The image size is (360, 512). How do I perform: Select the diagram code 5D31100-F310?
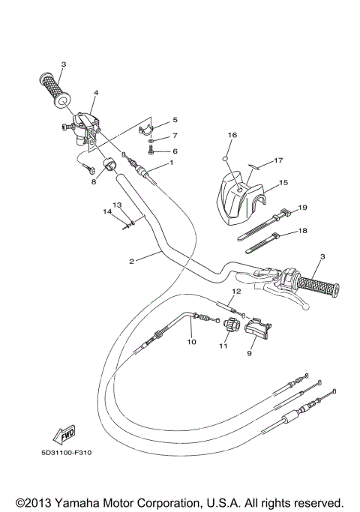click(x=72, y=452)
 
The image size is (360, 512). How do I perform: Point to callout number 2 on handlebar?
click(x=131, y=261)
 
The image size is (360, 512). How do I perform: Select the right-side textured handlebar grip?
click(x=314, y=285)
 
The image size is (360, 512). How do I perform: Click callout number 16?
click(x=232, y=136)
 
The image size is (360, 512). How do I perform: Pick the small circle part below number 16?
click(x=226, y=159)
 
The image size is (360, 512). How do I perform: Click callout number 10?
click(x=191, y=342)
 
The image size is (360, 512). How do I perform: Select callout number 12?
click(x=235, y=291)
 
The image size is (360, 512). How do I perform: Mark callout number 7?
click(x=175, y=136)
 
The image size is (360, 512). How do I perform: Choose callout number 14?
click(x=107, y=212)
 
